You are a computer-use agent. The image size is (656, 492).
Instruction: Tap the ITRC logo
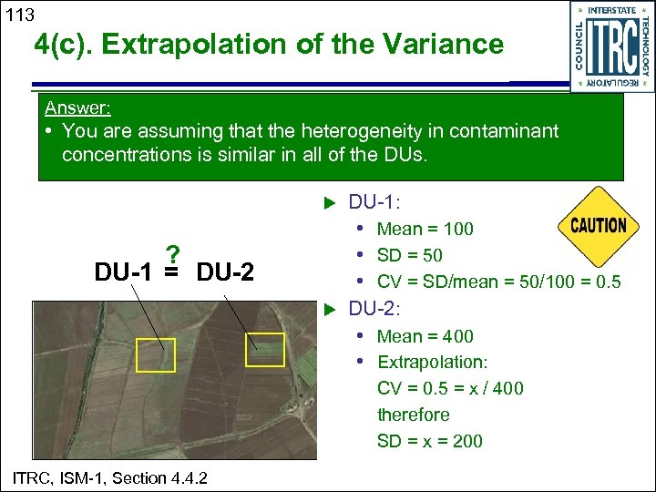coord(611,46)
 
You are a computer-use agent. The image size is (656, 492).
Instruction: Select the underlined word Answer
coord(78,108)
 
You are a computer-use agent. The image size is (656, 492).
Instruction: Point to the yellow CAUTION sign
coord(598,224)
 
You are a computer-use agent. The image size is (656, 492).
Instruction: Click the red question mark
coord(171,253)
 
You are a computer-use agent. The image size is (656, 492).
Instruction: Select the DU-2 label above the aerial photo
coord(225,272)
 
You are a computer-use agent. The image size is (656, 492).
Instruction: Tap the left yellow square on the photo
coord(155,354)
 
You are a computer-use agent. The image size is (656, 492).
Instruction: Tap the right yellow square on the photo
coord(265,350)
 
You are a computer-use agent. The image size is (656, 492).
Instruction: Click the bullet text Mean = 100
coord(425,229)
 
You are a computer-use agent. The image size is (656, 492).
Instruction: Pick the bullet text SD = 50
coord(409,255)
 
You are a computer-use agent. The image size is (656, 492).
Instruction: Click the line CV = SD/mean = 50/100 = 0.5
coord(498,282)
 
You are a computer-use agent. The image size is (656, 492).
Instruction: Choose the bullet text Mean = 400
coord(425,336)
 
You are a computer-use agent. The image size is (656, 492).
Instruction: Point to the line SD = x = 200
coord(429,441)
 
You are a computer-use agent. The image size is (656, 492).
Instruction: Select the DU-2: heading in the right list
coord(383,309)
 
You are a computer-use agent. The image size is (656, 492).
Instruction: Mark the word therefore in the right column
coord(413,415)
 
